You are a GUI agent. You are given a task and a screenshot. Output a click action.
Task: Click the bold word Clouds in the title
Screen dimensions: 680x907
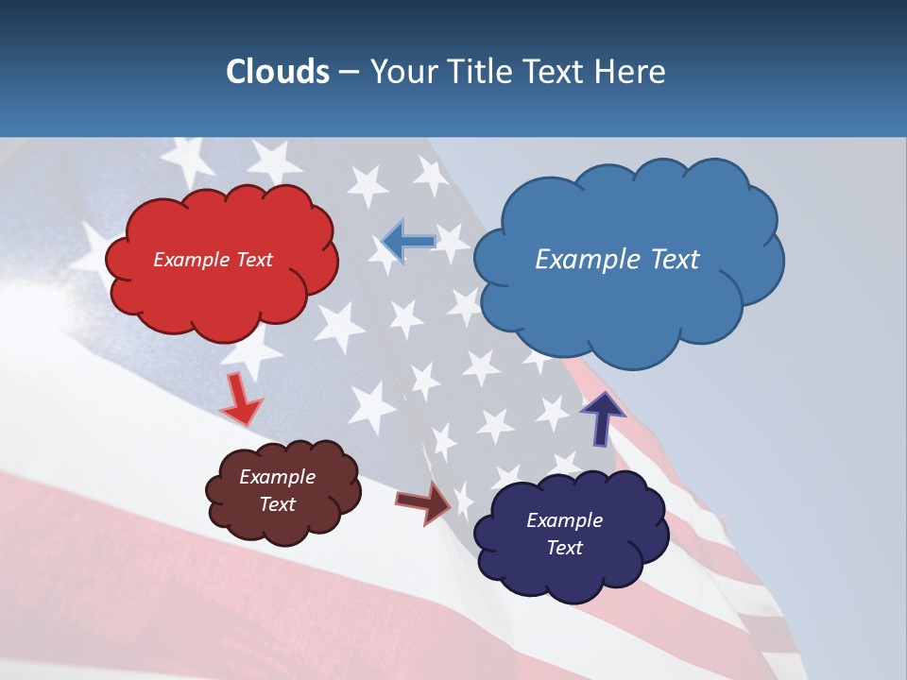pos(277,72)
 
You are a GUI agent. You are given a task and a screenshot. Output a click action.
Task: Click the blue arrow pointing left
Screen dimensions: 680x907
pos(408,242)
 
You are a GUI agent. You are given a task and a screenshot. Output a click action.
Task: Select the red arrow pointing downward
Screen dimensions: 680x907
pos(241,400)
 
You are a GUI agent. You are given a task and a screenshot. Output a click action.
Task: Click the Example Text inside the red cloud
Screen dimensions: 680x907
pos(213,260)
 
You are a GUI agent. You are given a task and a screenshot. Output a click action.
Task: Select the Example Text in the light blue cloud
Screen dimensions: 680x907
pos(617,260)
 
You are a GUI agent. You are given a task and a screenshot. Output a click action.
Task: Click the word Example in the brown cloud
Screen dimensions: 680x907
pos(277,477)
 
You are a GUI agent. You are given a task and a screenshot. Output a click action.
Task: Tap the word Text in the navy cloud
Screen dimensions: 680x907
pos(564,548)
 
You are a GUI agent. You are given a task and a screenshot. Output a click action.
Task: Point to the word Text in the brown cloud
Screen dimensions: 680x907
pos(277,504)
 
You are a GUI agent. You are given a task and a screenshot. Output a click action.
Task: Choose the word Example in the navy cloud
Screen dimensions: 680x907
pos(564,520)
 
